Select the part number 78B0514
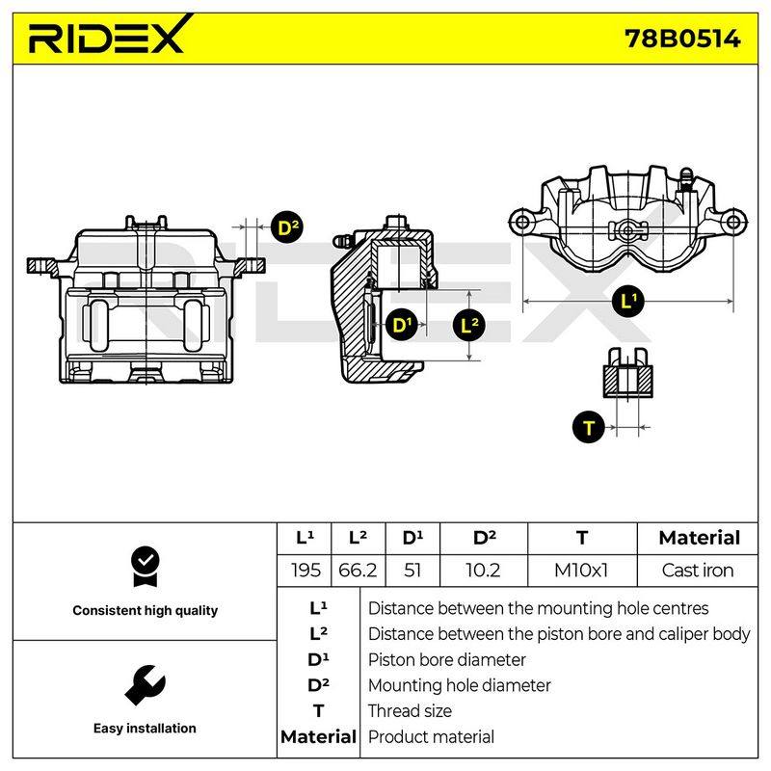682,39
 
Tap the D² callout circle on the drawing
287,227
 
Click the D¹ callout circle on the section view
402,325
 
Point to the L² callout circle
468,325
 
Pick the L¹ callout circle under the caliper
628,301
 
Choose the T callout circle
589,427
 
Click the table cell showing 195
306,571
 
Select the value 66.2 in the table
358,571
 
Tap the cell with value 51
412,571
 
